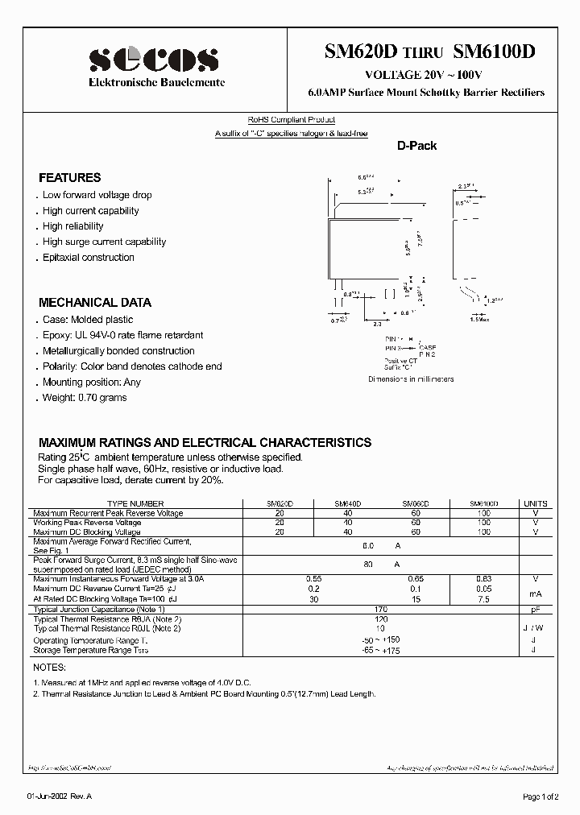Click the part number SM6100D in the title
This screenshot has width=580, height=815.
pos(494,52)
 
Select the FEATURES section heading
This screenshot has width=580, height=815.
pos(70,178)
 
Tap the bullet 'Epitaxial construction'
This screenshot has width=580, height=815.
pos(88,258)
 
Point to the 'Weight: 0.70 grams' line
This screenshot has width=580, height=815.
pos(84,398)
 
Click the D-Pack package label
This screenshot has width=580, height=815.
pos(416,146)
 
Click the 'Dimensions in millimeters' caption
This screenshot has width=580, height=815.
pos(411,379)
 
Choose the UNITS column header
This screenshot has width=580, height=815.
pos(535,503)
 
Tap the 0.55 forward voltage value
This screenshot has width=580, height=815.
pos(314,579)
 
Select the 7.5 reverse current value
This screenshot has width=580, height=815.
pos(483,599)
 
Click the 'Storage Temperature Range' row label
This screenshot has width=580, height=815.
pos(90,650)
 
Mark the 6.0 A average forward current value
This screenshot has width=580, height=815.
pos(381,545)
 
